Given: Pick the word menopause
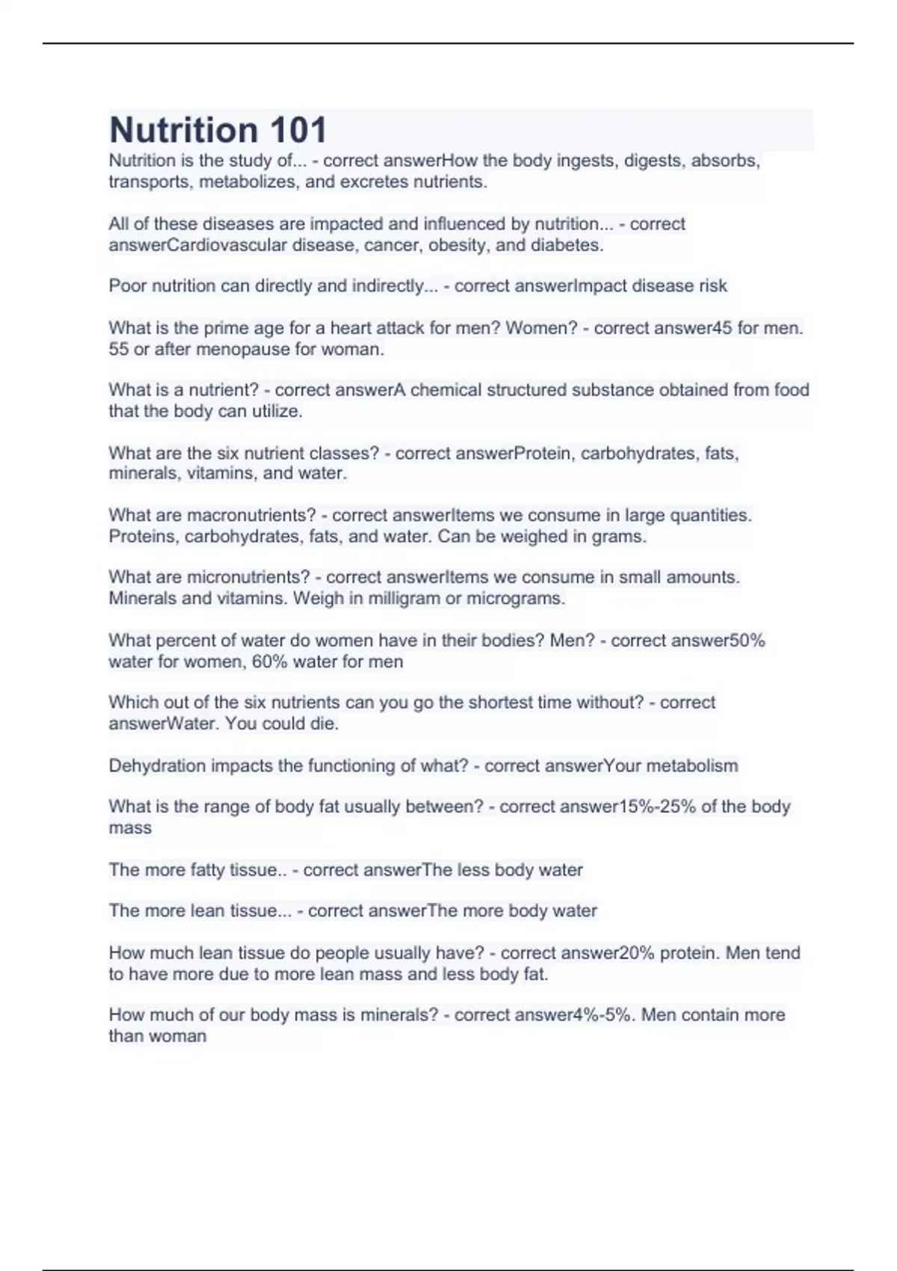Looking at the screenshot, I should [235, 349].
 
